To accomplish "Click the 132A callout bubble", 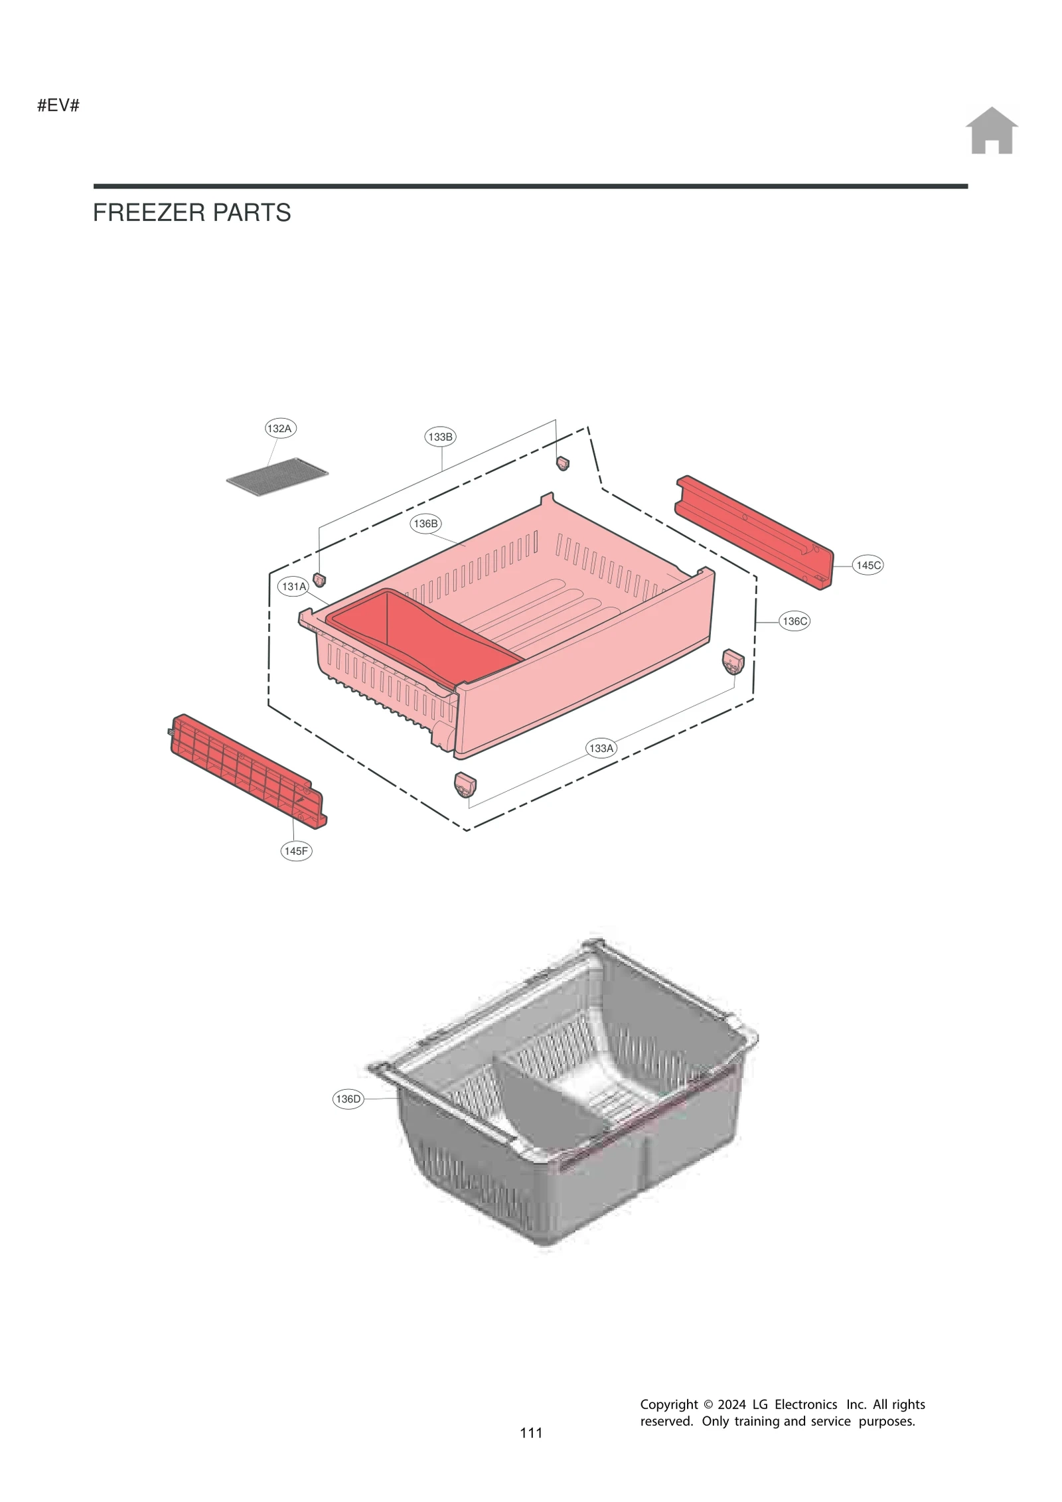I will (279, 428).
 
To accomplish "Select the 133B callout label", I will (440, 437).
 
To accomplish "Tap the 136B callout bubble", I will (425, 524).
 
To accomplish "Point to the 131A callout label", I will (293, 587).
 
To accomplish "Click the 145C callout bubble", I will (868, 565).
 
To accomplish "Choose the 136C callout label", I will (795, 621).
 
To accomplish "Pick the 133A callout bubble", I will (601, 748).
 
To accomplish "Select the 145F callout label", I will (296, 851).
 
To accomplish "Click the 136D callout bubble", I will (348, 1099).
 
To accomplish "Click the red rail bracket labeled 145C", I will (754, 532).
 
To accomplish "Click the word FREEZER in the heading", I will (140, 213).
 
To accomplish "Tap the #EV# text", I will (58, 106).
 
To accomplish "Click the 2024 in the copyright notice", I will (732, 1404).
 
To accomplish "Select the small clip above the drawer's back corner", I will (562, 463).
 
